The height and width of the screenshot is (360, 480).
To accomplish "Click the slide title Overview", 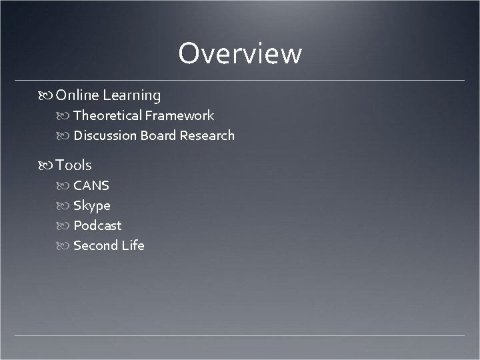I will pyautogui.click(x=240, y=54).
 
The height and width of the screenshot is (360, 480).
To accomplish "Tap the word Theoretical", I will pyautogui.click(x=107, y=115).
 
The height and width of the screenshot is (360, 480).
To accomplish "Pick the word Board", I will pyautogui.click(x=159, y=135).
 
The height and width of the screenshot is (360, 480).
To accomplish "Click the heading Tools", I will pyautogui.click(x=74, y=165).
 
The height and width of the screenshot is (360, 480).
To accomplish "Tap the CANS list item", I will pyautogui.click(x=91, y=185).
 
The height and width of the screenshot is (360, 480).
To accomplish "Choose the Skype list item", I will pyautogui.click(x=92, y=205).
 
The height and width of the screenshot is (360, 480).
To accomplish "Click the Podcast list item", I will pyautogui.click(x=97, y=225).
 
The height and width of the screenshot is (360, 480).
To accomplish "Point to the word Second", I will pyautogui.click(x=95, y=245).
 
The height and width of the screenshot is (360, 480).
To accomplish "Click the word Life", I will pyautogui.click(x=133, y=245).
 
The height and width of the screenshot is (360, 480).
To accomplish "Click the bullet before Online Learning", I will pyautogui.click(x=47, y=96).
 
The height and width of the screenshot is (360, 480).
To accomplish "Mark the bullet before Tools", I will pyautogui.click(x=47, y=165).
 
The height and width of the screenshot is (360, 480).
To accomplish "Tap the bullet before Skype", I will pyautogui.click(x=65, y=206).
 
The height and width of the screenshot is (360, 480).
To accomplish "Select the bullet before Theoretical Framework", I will pyautogui.click(x=65, y=116).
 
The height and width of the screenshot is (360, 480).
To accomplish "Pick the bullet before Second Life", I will pyautogui.click(x=65, y=246).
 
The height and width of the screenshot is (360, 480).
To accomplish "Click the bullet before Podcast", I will pyautogui.click(x=65, y=226).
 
